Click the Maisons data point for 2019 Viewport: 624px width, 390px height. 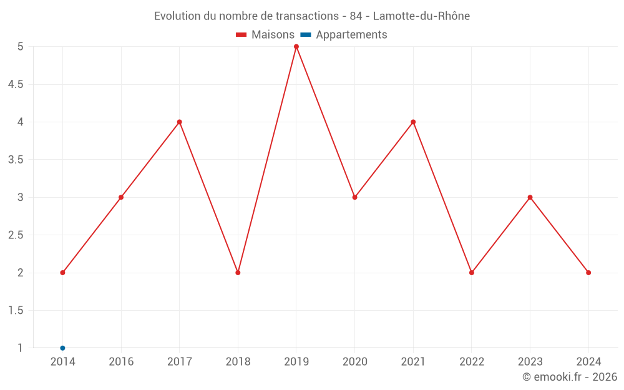[296, 47]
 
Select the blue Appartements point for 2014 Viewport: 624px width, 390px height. [62, 348]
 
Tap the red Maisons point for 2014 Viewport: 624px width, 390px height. [62, 273]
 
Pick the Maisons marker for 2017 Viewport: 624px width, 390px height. [179, 122]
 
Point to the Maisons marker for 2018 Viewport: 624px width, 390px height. [238, 273]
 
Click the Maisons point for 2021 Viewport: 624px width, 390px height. [413, 122]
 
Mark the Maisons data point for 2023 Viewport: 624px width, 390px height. [530, 197]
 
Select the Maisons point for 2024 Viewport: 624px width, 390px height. [588, 273]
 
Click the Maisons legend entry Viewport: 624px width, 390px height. [265, 35]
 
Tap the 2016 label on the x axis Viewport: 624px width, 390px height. [121, 361]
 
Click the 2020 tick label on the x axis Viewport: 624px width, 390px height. [354, 361]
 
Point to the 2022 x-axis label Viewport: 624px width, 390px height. [472, 361]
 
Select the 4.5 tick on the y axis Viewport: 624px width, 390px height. [16, 84]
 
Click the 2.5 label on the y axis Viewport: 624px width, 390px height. [16, 235]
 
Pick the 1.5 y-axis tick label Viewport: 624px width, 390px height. [16, 311]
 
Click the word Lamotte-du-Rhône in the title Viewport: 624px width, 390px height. [421, 16]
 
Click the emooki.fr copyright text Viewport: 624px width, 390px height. [570, 377]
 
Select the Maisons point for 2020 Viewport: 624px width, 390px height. [354, 197]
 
